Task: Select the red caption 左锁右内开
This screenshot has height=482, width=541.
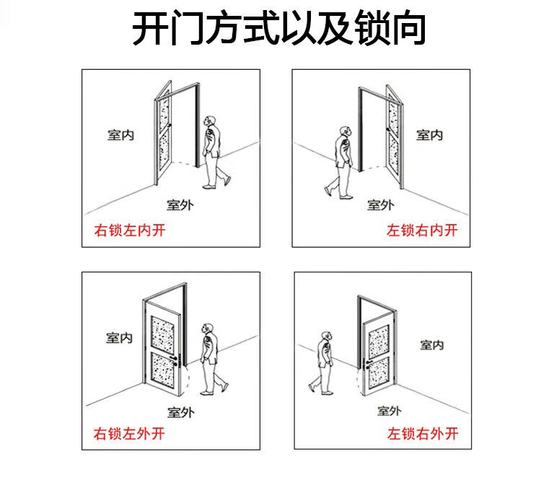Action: click(422, 231)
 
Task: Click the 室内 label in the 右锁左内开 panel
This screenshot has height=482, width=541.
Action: click(120, 135)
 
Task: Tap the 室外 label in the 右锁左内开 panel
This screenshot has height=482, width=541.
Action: click(180, 205)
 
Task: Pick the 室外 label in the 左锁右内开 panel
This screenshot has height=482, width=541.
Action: click(380, 205)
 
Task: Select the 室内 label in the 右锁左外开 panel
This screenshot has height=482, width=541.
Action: click(119, 337)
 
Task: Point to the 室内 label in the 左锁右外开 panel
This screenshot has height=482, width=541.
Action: click(431, 345)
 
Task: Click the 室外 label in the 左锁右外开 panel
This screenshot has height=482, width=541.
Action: click(389, 411)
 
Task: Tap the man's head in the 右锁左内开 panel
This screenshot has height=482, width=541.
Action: click(210, 120)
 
